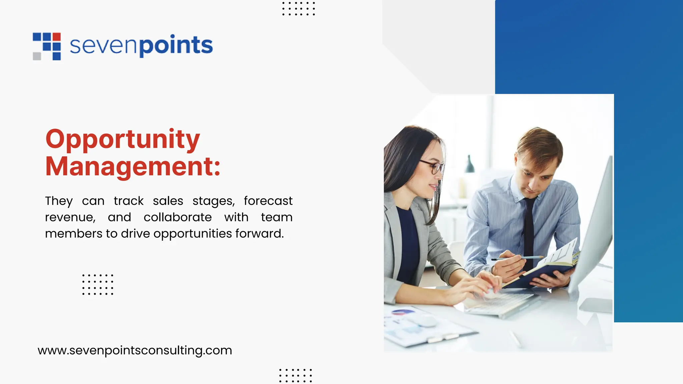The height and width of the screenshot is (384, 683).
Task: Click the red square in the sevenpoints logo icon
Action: coord(56,37)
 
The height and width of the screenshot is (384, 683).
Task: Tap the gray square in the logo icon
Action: coord(37,56)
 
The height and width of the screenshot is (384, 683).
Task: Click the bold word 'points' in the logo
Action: coord(176,46)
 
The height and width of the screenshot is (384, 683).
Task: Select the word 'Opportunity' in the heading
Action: coord(123,139)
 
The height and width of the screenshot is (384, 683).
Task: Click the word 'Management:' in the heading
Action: coord(133,167)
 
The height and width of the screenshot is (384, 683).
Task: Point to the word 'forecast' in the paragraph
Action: coord(268,201)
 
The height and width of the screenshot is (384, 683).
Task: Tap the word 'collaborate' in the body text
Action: coord(178,217)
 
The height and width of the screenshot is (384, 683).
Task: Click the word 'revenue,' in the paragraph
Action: coord(70,218)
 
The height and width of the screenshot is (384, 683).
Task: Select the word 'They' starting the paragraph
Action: coord(59,201)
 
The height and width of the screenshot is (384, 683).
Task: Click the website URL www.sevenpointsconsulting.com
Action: coord(135,350)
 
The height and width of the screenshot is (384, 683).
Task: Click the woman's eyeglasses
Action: coord(432,166)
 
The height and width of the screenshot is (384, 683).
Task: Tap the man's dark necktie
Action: coord(528,230)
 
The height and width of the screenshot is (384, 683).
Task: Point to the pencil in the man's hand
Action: coord(517,258)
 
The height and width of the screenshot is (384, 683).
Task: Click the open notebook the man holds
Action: coord(547,267)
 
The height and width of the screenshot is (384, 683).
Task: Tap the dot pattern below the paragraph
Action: coord(98,285)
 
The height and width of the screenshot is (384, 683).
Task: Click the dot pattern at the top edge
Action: coord(298,9)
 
